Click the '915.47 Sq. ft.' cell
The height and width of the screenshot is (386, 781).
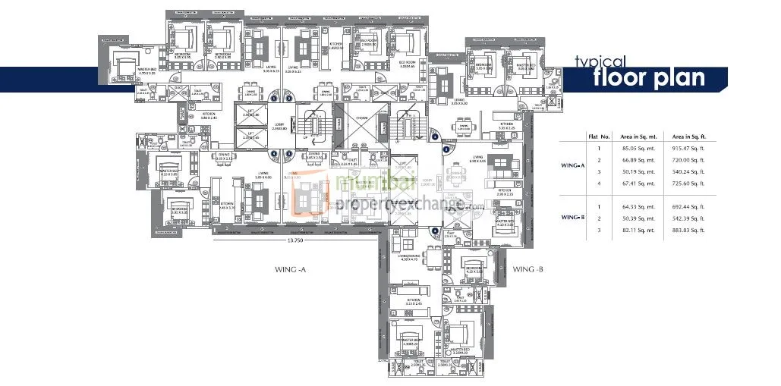(682, 149)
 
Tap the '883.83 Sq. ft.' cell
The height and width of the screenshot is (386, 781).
(682, 230)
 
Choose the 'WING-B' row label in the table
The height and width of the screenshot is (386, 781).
(573, 218)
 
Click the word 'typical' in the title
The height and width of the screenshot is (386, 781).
(600, 62)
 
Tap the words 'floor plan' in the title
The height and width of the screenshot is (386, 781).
(649, 78)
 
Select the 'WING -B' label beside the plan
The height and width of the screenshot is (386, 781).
(527, 269)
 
